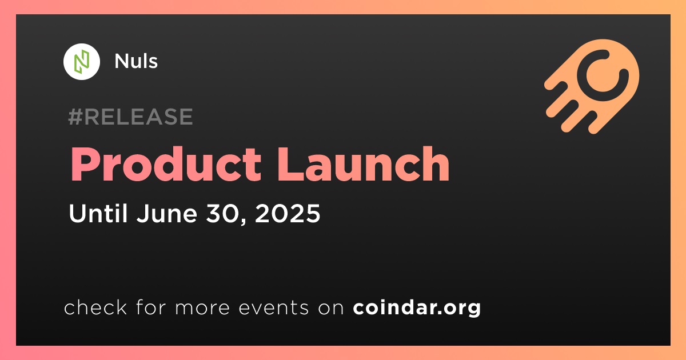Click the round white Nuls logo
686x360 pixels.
click(x=81, y=62)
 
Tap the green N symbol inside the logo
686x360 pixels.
click(x=82, y=62)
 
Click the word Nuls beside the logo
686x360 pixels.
click(x=136, y=61)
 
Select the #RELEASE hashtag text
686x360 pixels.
click(x=131, y=117)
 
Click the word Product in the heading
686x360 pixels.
click(x=166, y=165)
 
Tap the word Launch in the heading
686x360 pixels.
click(x=363, y=165)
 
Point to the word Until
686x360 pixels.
click(x=98, y=213)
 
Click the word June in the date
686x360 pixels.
click(x=167, y=213)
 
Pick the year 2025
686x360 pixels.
click(x=288, y=213)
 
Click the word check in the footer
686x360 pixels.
click(x=95, y=307)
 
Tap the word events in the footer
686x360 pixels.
click(x=274, y=307)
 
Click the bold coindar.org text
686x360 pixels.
click(x=417, y=307)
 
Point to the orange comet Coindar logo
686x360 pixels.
click(x=592, y=86)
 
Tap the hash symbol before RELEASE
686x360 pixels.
click(x=75, y=117)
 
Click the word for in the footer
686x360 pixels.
click(x=151, y=307)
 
